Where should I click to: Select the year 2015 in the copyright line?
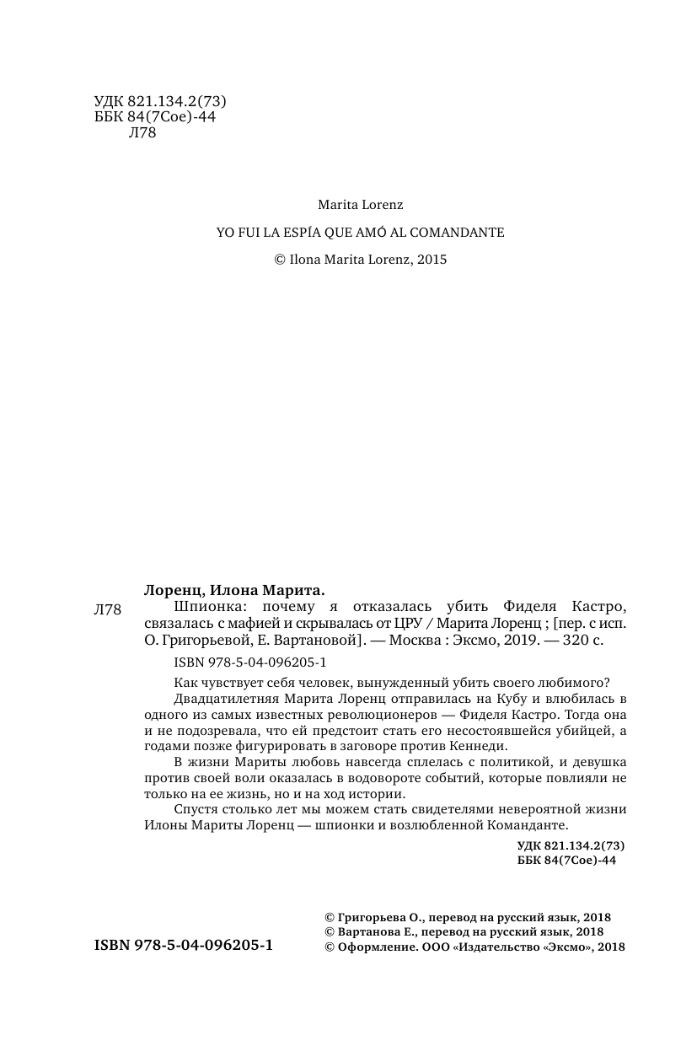(430, 260)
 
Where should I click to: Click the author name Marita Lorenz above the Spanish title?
(360, 205)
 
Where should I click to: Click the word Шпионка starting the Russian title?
(203, 607)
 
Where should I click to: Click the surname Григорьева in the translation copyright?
(372, 917)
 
